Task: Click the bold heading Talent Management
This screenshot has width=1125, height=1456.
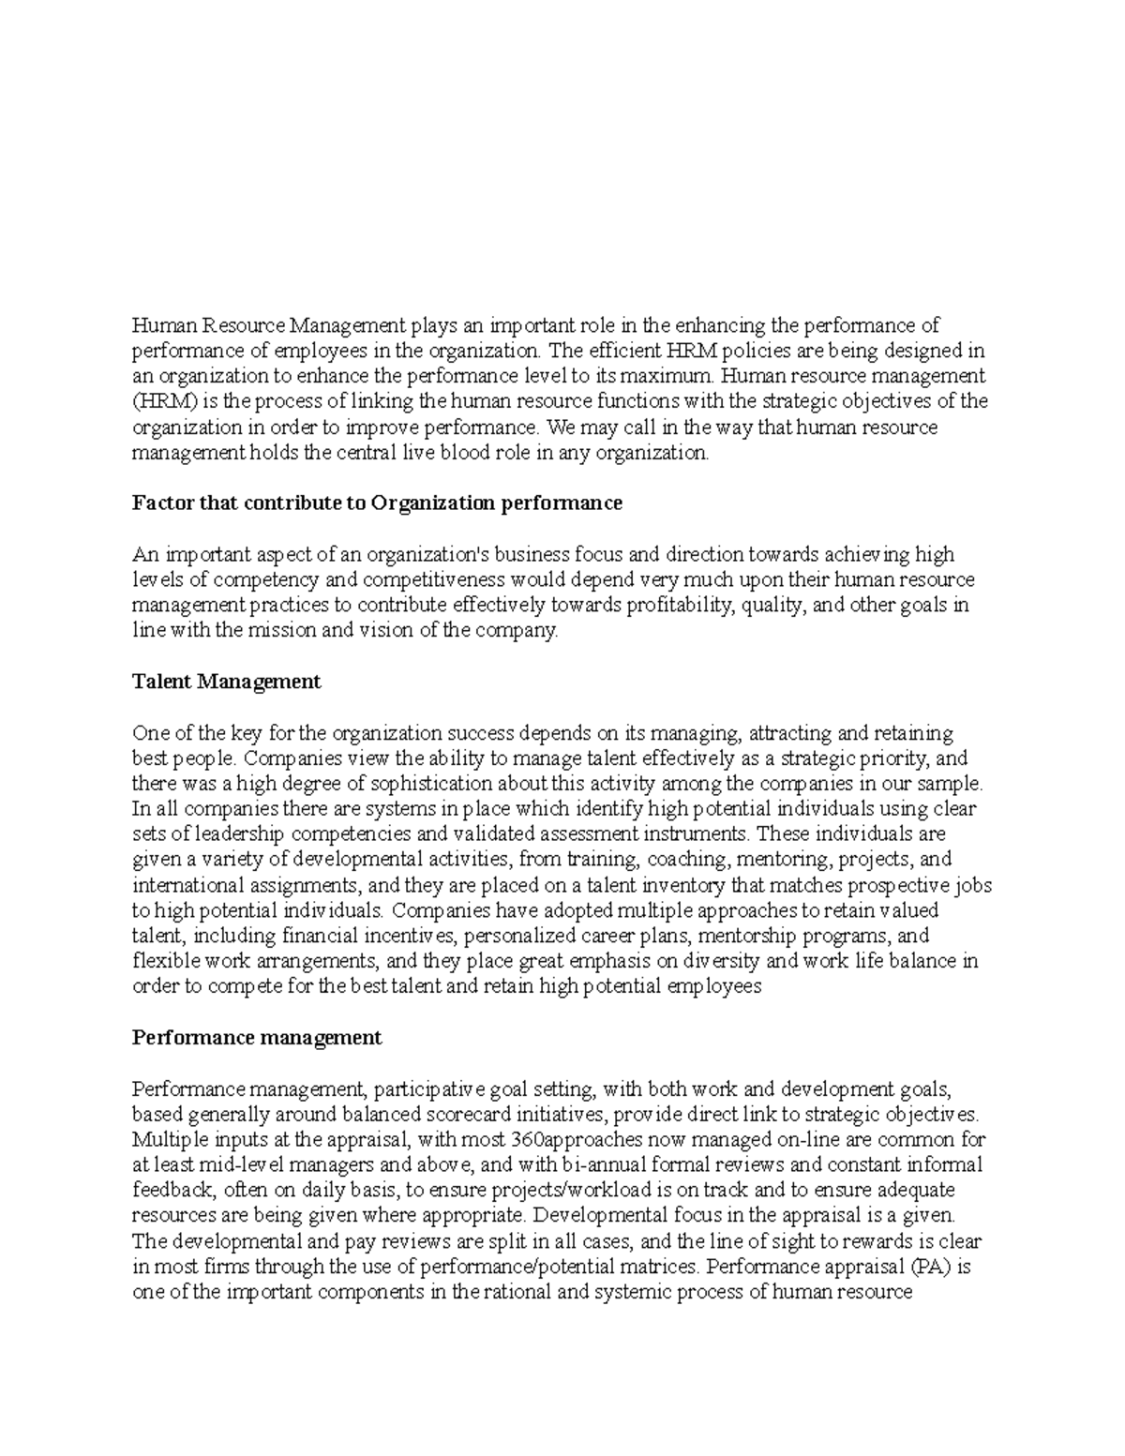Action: (x=226, y=682)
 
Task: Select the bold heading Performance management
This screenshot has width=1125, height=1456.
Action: (x=257, y=1038)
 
